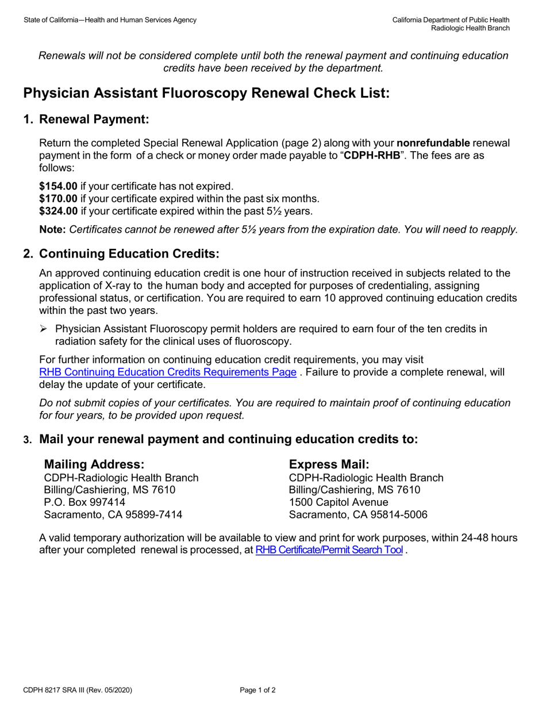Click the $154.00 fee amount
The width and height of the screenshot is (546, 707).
(x=58, y=186)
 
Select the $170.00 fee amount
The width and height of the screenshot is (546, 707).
(x=58, y=199)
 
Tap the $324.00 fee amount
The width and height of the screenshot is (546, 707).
(x=58, y=212)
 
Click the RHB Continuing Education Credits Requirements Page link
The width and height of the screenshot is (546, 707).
(x=167, y=372)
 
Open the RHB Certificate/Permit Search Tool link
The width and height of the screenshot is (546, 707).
(x=329, y=551)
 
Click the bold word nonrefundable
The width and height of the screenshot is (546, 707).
(x=433, y=143)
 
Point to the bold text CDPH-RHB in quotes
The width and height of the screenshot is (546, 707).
(x=371, y=156)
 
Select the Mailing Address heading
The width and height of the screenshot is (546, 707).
(x=94, y=464)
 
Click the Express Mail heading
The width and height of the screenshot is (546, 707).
(x=329, y=464)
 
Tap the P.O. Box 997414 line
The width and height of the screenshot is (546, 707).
(x=84, y=502)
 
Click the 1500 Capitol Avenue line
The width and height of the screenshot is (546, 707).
(x=339, y=502)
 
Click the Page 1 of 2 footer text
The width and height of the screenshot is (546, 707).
(x=257, y=690)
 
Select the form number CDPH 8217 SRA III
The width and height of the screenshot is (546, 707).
(x=61, y=690)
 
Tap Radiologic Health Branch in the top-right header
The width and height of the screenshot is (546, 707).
(x=470, y=28)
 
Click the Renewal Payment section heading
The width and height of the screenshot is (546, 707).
(x=94, y=120)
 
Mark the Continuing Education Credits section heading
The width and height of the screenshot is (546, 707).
(x=129, y=254)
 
